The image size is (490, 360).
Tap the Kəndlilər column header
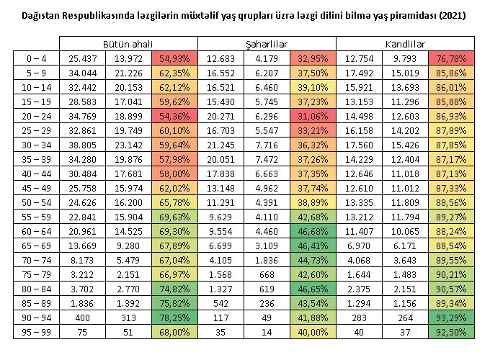(x=405, y=44)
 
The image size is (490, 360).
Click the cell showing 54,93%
(x=175, y=58)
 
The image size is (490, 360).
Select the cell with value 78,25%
(x=175, y=318)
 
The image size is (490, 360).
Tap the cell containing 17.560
(x=359, y=144)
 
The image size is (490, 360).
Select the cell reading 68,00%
(x=175, y=332)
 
